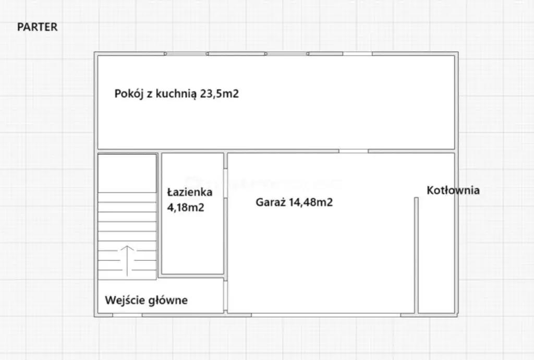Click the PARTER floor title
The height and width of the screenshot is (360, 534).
click(38, 27)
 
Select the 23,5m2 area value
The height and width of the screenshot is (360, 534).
click(220, 93)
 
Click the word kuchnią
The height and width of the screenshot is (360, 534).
click(176, 94)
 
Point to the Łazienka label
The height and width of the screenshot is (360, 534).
click(190, 192)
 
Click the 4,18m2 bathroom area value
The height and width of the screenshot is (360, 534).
click(186, 207)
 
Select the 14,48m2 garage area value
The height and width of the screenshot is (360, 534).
click(311, 202)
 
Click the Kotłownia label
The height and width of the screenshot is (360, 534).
click(453, 190)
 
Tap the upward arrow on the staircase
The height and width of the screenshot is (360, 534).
click(127, 260)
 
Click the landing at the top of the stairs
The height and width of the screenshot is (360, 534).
click(127, 173)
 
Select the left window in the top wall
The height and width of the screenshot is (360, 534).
click(186, 54)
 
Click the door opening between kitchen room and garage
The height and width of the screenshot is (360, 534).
click(354, 151)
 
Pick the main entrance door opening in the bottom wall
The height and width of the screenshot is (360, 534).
click(127, 315)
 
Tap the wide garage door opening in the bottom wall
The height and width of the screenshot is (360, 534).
click(326, 315)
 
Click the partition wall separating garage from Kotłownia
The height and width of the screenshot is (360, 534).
click(416, 255)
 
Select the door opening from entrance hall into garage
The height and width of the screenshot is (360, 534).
click(225, 296)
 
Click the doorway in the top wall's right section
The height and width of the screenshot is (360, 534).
click(357, 54)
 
